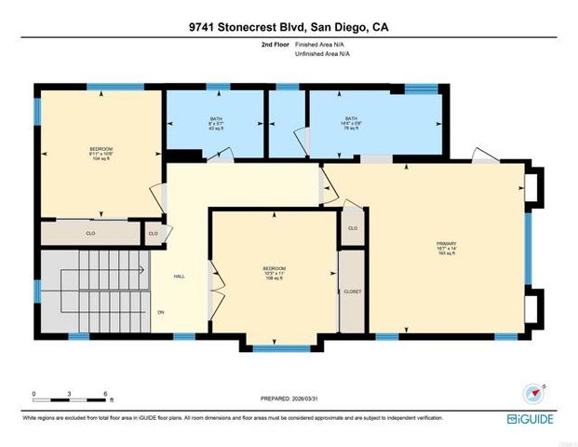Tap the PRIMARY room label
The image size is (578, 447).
click(x=446, y=246)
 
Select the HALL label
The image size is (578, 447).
click(x=180, y=276)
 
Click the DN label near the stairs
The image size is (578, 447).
click(x=161, y=311)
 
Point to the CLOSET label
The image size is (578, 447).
click(x=353, y=291)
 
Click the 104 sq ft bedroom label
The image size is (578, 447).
click(x=101, y=154)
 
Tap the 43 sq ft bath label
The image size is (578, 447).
click(x=217, y=123)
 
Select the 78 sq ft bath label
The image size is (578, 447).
click(x=351, y=123)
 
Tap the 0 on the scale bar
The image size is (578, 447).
click(x=34, y=394)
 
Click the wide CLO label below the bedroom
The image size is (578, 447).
click(x=91, y=233)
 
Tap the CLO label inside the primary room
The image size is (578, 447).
click(x=353, y=228)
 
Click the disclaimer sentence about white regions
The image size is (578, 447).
click(x=233, y=418)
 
